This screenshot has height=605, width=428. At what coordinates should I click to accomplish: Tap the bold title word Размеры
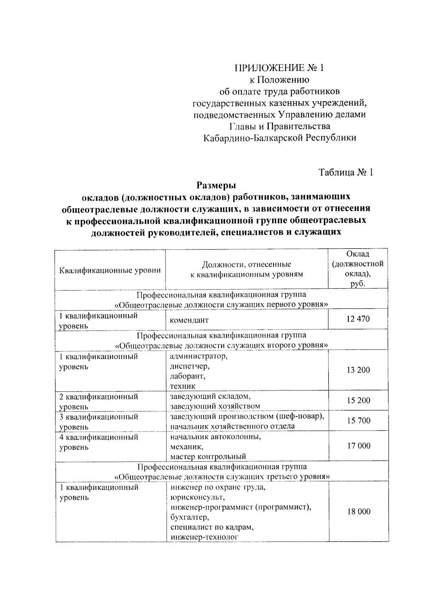216,185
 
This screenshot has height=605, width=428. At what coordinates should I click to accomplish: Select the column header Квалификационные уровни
110,270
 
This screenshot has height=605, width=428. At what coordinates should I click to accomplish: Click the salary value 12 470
358,319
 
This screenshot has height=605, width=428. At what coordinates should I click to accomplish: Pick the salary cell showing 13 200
358,370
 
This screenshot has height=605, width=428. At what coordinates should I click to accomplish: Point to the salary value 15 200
358,401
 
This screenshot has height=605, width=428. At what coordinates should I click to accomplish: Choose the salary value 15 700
358,421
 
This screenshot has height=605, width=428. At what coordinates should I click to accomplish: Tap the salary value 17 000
358,446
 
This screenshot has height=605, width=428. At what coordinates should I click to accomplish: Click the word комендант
189,320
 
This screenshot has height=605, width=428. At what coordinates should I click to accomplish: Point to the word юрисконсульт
197,497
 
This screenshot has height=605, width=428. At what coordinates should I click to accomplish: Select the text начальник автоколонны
215,437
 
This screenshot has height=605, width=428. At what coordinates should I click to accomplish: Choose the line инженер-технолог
204,537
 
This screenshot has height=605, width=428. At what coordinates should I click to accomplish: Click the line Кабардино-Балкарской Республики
280,138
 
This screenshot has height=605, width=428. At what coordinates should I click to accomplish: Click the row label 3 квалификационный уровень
99,421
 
